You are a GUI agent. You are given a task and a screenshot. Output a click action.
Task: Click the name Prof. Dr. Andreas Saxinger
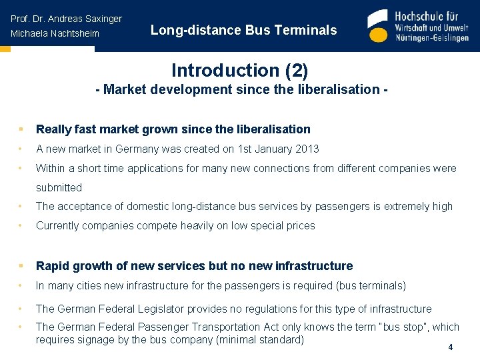[x=66, y=19]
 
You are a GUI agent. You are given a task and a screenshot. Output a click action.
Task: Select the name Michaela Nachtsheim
[x=55, y=33]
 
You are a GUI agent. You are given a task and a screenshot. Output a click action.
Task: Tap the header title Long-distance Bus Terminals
[x=243, y=30]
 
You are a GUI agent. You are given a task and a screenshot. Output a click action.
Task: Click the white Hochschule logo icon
[x=377, y=27]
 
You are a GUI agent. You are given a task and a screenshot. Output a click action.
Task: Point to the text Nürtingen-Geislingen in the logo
[x=432, y=38]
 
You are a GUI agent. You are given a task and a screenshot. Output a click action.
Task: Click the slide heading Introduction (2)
[x=239, y=70]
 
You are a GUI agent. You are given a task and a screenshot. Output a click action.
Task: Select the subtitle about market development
[x=241, y=89]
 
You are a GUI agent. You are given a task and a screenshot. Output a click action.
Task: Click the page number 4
[x=451, y=347]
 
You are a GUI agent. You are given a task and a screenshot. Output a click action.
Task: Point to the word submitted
[x=59, y=187]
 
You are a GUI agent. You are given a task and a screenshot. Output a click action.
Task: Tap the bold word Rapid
[x=52, y=266]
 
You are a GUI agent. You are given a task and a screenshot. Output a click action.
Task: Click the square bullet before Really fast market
[x=21, y=129]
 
